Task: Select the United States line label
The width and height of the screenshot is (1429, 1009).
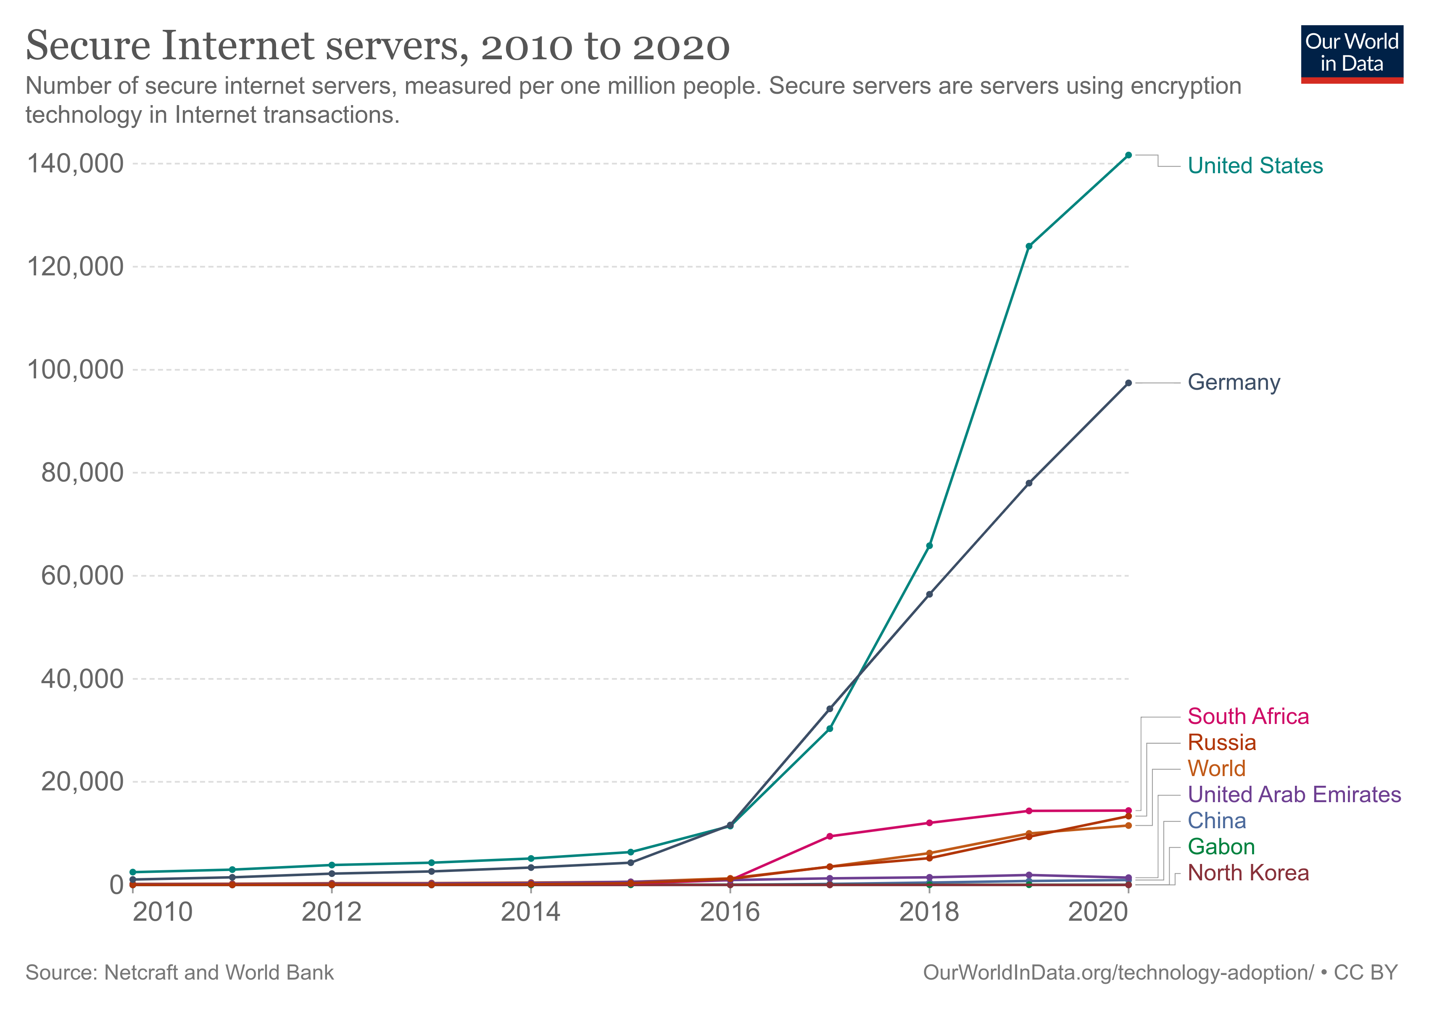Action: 1255,166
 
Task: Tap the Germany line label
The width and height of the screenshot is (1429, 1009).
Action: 1234,382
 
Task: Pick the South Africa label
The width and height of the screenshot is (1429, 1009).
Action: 1248,716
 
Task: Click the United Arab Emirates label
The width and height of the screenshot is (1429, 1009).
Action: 1294,795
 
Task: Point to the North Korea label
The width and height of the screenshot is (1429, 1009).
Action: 1248,873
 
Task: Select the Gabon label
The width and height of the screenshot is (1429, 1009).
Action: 1221,847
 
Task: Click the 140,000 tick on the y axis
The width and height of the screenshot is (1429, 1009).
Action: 75,164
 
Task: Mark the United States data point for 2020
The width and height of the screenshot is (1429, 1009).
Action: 1128,155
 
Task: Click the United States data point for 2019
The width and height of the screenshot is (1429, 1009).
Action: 1029,246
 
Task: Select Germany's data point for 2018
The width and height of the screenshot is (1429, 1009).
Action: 929,594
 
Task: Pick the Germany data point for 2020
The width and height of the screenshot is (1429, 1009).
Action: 1128,383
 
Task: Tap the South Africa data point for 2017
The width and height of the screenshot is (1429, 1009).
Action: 830,837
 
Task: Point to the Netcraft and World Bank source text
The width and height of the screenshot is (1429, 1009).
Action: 179,973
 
